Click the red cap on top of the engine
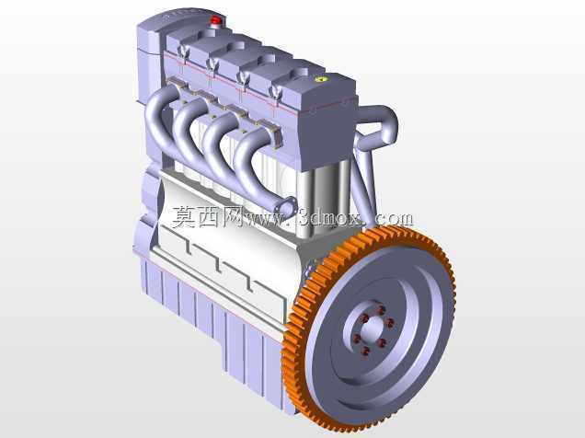215,20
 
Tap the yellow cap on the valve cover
321,79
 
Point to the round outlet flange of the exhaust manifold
287,206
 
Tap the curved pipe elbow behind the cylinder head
381,127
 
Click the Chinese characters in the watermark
208,217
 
